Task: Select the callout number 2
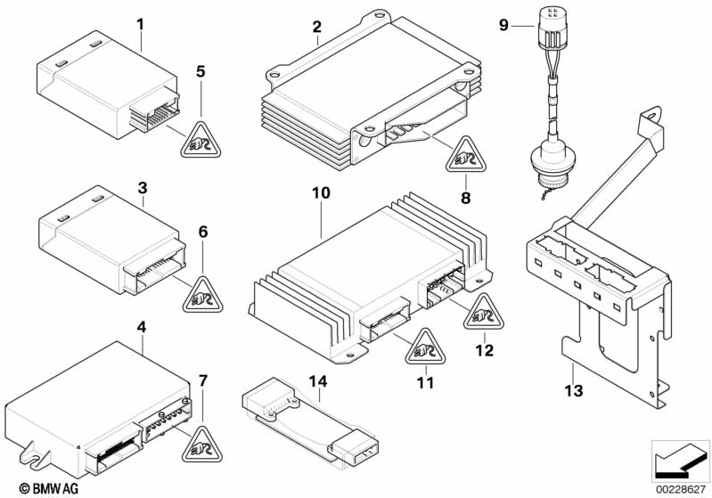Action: tap(316, 28)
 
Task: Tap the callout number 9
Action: tap(503, 25)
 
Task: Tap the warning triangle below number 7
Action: tap(201, 442)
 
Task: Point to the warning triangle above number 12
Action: tap(482, 311)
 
